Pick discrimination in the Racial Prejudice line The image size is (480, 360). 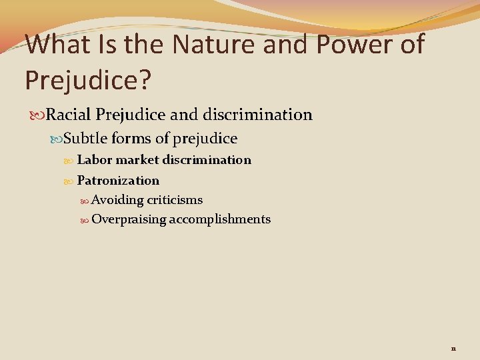[x=261, y=115]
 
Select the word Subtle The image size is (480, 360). [x=85, y=139]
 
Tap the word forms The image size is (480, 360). [x=131, y=139]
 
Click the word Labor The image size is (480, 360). [x=94, y=160]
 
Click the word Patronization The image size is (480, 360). [x=118, y=181]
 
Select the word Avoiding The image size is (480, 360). [x=117, y=200]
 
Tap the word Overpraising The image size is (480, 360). [x=129, y=219]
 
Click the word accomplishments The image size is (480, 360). [x=220, y=219]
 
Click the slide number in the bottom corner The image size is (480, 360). [x=453, y=348]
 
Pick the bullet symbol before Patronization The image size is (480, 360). [x=71, y=181]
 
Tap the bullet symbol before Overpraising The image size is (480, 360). [x=85, y=219]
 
